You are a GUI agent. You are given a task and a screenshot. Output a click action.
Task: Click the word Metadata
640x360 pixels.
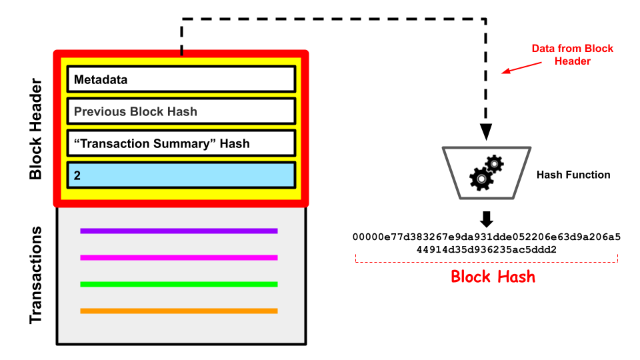point(101,80)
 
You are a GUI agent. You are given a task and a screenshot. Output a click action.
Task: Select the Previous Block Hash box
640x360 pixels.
point(181,111)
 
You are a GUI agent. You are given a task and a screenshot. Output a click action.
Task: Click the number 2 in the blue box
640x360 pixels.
point(77,175)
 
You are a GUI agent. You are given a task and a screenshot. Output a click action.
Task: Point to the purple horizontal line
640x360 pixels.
point(179,231)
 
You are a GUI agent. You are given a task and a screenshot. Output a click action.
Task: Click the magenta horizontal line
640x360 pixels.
point(179,257)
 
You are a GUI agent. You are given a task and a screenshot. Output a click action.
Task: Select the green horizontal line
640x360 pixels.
point(179,284)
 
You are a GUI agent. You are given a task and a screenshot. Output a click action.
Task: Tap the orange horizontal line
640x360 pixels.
point(179,311)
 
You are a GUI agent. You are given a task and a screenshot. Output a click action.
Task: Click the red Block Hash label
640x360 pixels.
point(493,276)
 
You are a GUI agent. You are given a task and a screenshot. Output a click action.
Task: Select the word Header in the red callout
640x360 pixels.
point(573,61)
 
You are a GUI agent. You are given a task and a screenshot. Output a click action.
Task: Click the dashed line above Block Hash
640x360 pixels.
point(487,261)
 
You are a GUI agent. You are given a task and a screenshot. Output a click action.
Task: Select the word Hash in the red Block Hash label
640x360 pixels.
point(515,276)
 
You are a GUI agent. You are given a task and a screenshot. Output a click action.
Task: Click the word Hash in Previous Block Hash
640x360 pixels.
point(183,111)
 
